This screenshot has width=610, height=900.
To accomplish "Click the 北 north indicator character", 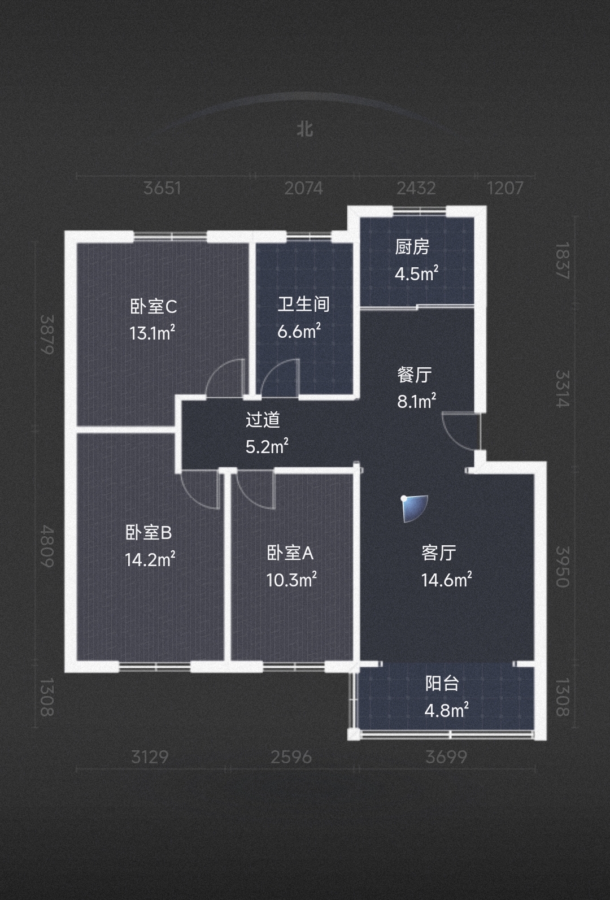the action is (x=305, y=129).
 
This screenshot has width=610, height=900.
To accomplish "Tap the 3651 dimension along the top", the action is (x=162, y=188).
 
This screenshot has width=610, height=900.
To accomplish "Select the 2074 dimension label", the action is (x=304, y=188).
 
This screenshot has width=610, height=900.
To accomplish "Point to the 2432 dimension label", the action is (x=416, y=188).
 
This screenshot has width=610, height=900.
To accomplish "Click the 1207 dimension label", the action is (x=505, y=188).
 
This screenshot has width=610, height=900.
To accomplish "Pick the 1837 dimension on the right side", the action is (x=563, y=260).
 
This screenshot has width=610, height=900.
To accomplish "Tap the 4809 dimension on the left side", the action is (x=47, y=546).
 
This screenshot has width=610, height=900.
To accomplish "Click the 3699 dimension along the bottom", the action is (x=446, y=758).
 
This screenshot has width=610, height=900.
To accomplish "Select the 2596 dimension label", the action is (x=291, y=758).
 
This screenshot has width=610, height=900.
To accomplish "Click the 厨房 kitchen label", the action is (x=412, y=247).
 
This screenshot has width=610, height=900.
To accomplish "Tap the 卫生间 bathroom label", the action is (x=304, y=304).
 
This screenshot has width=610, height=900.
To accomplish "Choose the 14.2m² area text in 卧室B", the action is (x=150, y=559).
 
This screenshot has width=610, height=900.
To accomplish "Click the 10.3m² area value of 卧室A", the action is (x=291, y=579).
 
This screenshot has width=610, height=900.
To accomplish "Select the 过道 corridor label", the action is (x=263, y=420).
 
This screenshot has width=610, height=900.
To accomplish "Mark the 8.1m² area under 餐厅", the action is (x=417, y=401).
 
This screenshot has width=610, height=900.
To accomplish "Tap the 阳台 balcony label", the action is (x=442, y=683).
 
